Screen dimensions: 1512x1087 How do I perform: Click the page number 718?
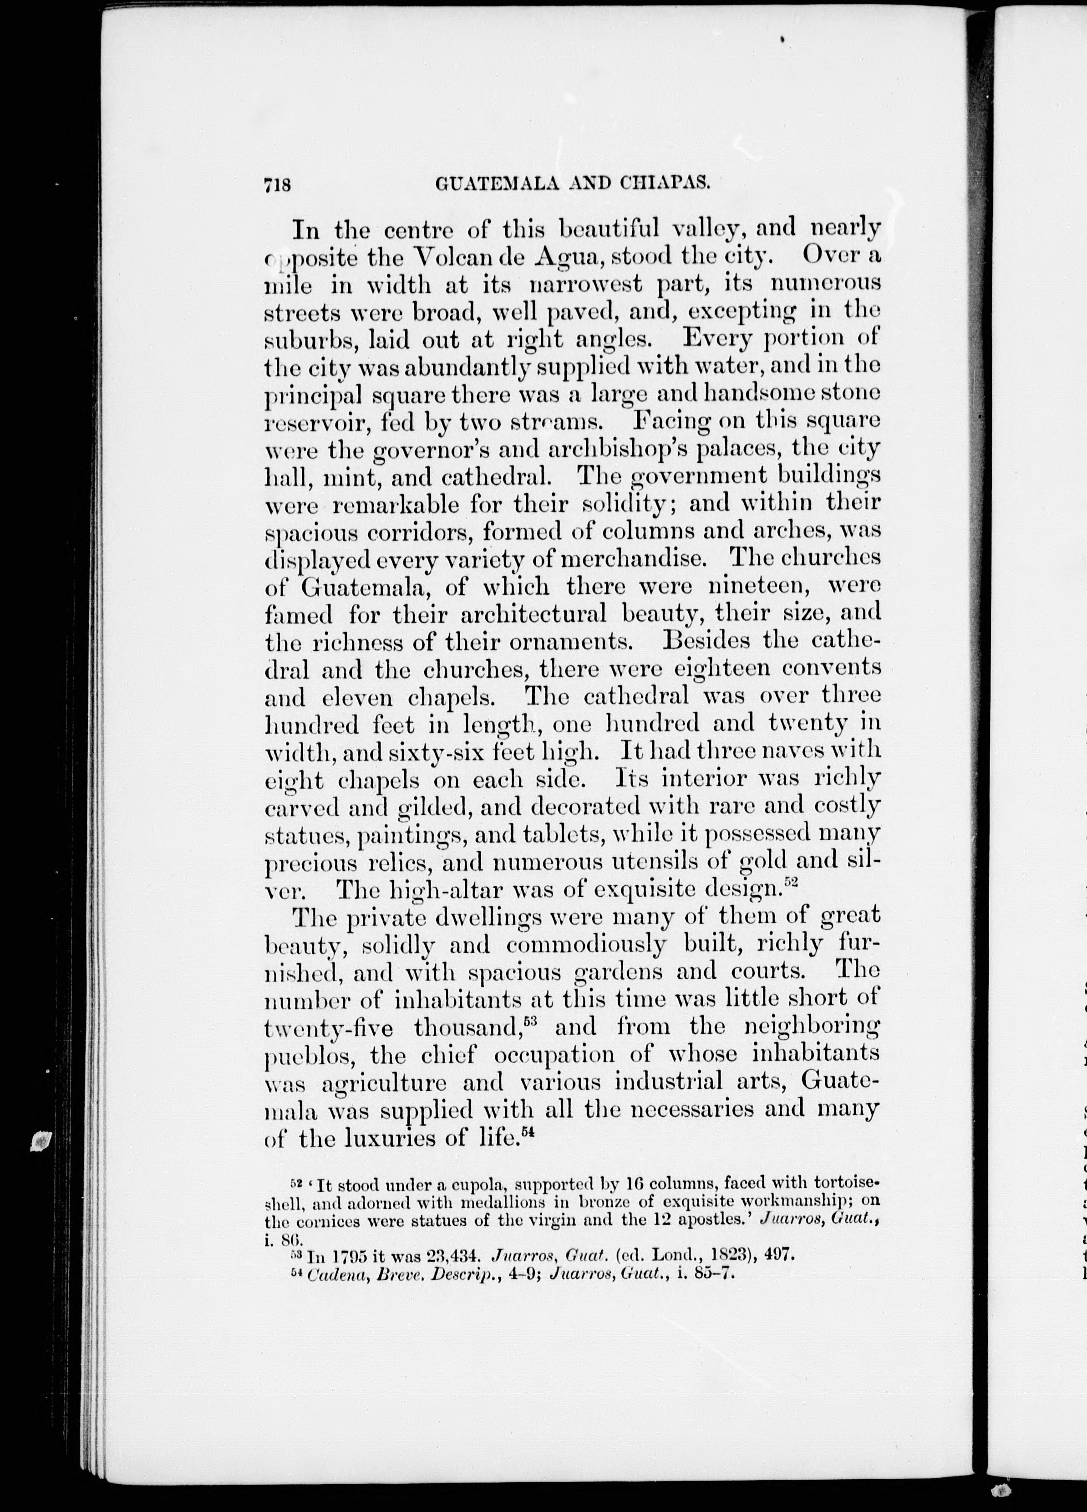[x=278, y=186]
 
